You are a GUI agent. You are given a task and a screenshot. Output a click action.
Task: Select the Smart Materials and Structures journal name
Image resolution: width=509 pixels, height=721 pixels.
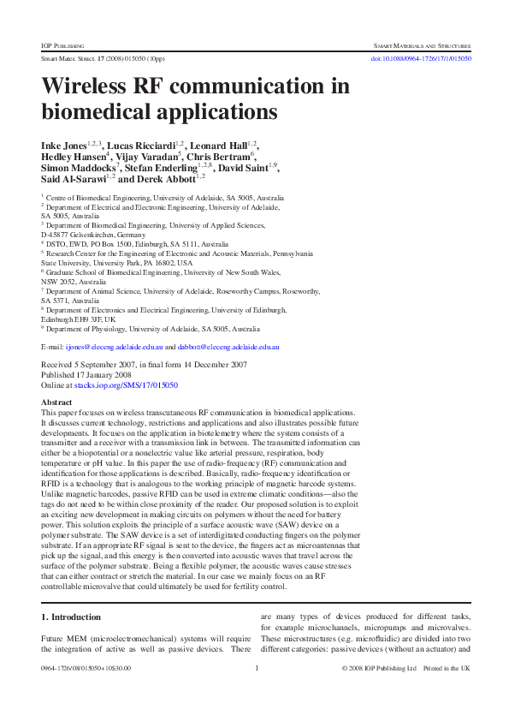pos(419,43)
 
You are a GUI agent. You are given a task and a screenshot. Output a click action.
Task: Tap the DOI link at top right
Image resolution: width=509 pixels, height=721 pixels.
pos(418,58)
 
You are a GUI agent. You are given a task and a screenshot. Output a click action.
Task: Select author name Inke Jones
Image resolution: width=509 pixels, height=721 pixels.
pos(67,146)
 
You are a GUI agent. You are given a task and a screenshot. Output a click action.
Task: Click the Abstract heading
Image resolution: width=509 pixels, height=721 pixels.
pos(56,402)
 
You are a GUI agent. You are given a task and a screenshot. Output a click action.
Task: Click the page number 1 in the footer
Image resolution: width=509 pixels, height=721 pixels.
pos(257,692)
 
